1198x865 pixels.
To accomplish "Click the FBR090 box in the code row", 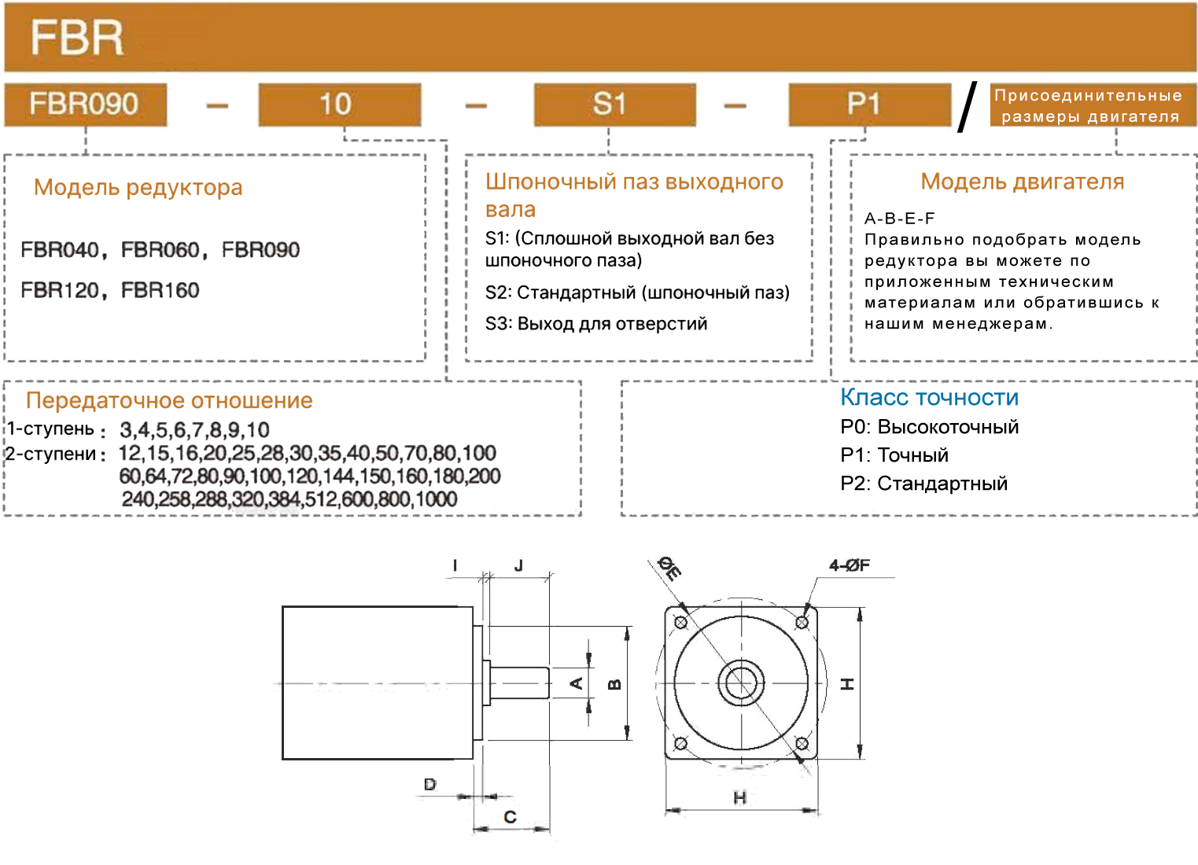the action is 86,105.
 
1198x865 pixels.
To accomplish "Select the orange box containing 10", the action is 340,105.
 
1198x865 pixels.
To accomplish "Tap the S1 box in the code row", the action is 615,105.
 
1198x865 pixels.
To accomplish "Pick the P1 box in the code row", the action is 870,105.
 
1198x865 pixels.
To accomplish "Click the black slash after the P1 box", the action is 967,107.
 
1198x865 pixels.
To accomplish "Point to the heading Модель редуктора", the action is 138,188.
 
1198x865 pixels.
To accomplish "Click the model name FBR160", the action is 160,290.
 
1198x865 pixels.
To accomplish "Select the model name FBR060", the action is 160,249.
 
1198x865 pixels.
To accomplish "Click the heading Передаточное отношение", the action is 169,400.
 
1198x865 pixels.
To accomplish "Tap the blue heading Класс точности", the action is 929,397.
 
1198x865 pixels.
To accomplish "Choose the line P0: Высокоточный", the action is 929,427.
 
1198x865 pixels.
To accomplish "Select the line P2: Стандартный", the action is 923,484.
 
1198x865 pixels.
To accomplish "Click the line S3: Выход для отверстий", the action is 595,323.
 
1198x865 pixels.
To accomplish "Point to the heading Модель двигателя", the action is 1022,182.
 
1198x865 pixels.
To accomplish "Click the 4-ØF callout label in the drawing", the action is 850,565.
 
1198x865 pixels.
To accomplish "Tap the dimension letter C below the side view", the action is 511,817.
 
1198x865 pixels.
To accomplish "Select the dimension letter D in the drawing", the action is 430,784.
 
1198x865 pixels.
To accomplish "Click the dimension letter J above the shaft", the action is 518,565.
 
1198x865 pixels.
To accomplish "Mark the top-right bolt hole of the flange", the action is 802,622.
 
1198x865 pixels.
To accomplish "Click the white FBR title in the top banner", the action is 76,38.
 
